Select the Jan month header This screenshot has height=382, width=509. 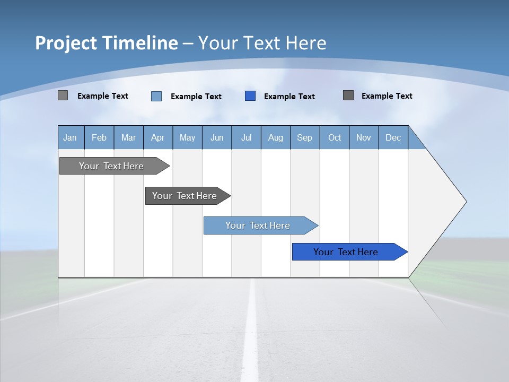click(70, 137)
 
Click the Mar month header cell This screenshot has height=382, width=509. click(128, 137)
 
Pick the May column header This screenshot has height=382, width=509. click(187, 137)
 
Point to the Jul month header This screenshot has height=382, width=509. click(246, 137)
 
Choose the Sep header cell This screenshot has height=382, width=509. click(304, 137)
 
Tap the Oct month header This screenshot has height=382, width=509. click(335, 137)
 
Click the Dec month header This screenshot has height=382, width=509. click(393, 137)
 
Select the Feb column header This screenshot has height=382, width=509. click(99, 137)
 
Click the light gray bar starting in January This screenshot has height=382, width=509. click(111, 166)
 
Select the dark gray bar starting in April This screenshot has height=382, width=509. click(185, 196)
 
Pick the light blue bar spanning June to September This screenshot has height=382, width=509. click(258, 225)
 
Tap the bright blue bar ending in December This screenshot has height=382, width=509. click(346, 252)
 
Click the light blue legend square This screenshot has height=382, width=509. click(156, 96)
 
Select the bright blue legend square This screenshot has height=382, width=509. click(250, 96)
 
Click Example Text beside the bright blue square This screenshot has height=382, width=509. click(289, 97)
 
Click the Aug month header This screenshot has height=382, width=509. click(275, 137)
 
